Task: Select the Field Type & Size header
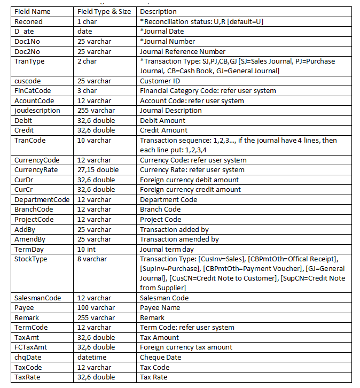click(x=105, y=12)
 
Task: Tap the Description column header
click(x=158, y=12)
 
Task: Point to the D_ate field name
click(x=24, y=32)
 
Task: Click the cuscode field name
click(x=26, y=81)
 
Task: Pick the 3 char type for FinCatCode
click(x=88, y=91)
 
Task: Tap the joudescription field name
click(x=37, y=111)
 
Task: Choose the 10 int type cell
click(x=88, y=249)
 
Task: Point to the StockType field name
click(x=30, y=259)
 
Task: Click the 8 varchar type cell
click(x=92, y=259)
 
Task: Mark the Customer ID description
click(x=160, y=81)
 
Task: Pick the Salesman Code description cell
click(x=166, y=298)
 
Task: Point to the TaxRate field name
click(x=28, y=377)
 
